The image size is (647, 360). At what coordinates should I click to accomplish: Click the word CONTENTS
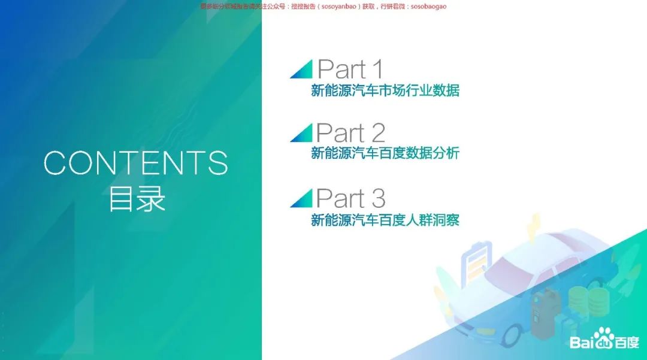coord(136,163)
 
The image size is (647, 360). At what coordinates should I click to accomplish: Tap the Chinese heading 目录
coord(137,199)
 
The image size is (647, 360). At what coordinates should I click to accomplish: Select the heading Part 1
coord(350,69)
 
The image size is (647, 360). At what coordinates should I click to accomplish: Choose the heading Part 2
coord(350,133)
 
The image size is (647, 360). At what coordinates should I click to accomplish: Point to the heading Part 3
coord(350,197)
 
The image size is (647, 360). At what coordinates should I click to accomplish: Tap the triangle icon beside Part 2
coord(301,132)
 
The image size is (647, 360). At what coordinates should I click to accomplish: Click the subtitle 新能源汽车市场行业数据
coord(385,91)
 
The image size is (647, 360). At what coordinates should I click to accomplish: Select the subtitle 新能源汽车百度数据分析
coord(385,153)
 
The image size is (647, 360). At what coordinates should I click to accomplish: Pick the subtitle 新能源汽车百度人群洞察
coord(385,220)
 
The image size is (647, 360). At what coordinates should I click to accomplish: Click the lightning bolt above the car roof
coord(533,228)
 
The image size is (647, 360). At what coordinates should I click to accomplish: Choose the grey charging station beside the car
coord(543,312)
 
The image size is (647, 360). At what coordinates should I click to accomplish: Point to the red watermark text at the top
coord(323,6)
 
